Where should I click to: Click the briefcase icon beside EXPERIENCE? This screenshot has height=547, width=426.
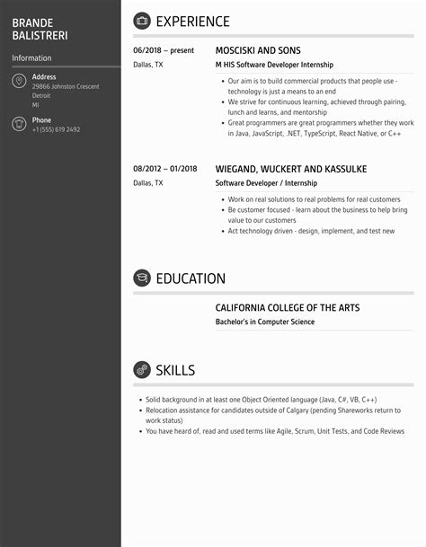(x=142, y=21)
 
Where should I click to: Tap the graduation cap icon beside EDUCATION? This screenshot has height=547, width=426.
(x=142, y=278)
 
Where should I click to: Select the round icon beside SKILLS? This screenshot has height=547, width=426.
(x=142, y=370)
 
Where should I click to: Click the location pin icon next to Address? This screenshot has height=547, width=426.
(x=19, y=81)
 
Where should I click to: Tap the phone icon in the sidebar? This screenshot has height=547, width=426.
(x=19, y=124)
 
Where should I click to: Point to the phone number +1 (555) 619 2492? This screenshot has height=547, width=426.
(x=56, y=130)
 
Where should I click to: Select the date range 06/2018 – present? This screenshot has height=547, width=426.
(x=164, y=51)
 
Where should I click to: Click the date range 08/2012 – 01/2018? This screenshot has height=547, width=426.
(x=165, y=169)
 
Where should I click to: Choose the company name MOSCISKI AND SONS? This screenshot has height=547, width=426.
(x=258, y=51)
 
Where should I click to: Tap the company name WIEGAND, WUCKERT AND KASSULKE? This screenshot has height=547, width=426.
(x=291, y=169)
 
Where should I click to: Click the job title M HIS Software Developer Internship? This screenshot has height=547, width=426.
(x=274, y=66)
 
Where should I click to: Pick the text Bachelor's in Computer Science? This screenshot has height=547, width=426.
(x=265, y=322)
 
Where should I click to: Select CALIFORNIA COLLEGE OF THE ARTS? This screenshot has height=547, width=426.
(x=288, y=308)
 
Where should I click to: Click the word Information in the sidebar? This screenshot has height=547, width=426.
(x=31, y=58)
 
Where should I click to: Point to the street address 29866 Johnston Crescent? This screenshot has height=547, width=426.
(x=66, y=86)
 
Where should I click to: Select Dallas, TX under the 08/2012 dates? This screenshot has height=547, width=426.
(x=148, y=183)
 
